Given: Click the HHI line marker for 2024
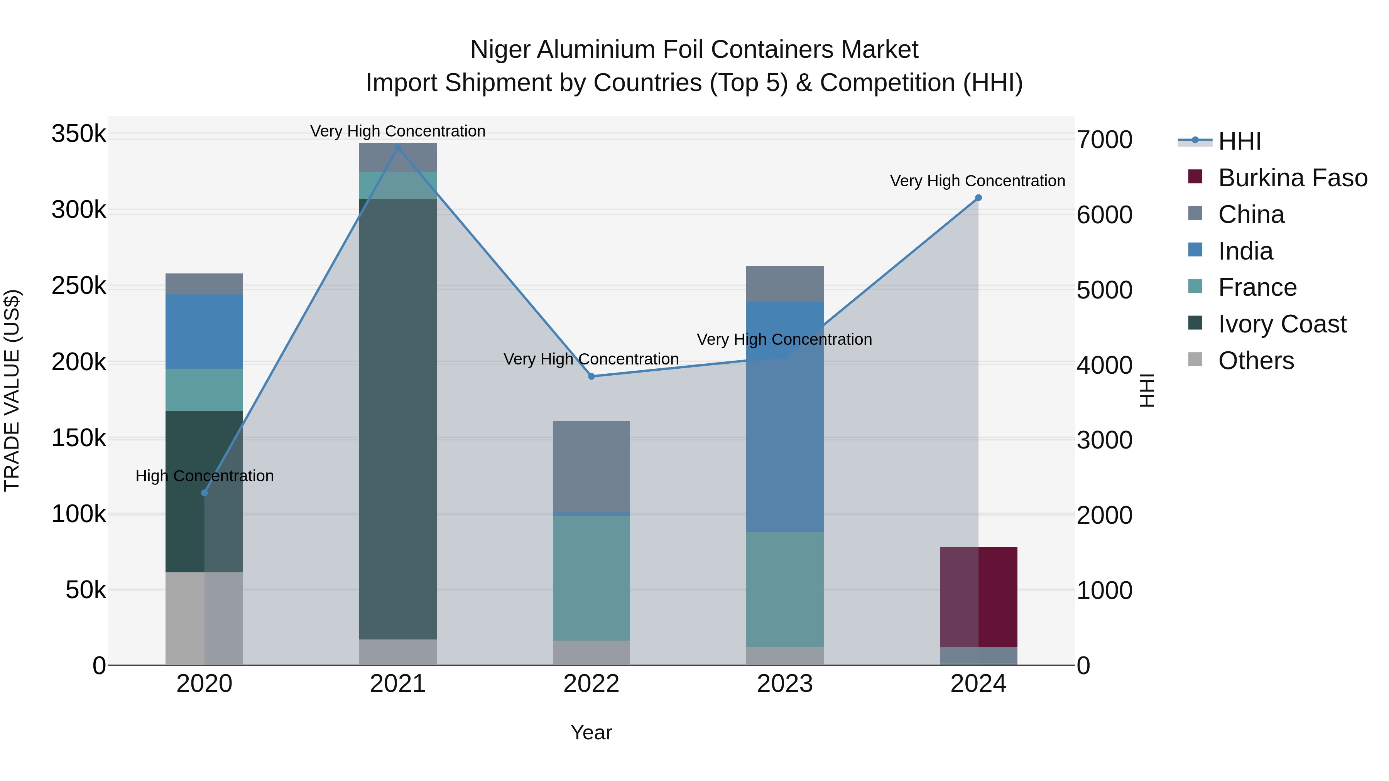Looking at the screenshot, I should [x=978, y=198].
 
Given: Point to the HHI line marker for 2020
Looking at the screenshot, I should [x=204, y=493].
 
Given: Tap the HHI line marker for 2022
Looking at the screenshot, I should [x=591, y=376].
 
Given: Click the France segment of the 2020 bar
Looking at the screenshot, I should [x=204, y=389].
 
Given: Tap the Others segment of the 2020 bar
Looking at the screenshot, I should [x=204, y=618].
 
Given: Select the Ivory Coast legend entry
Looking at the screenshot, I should [x=1282, y=324].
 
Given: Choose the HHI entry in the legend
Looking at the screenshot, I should [x=1239, y=141].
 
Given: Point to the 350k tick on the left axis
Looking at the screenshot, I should [x=79, y=134].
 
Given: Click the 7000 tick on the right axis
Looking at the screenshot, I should [x=1104, y=140].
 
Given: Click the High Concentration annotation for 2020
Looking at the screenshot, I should [x=204, y=476].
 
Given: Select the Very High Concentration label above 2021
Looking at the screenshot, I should [x=398, y=131].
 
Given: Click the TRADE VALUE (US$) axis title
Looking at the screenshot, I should [x=12, y=390].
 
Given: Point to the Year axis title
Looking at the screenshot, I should [x=591, y=732].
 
